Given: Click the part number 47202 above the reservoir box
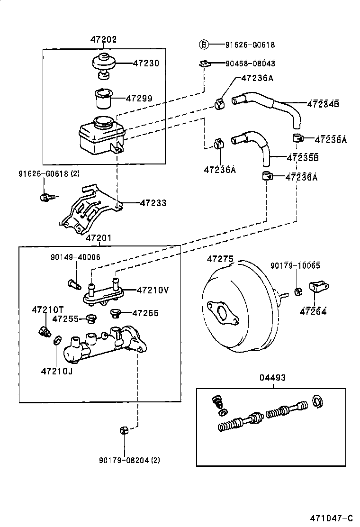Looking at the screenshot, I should [x=103, y=40].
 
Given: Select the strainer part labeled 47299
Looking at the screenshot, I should [x=103, y=98].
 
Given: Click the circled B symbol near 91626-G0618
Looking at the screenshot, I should [x=203, y=45].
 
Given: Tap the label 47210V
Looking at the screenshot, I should [x=153, y=290].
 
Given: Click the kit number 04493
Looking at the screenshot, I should [x=272, y=378].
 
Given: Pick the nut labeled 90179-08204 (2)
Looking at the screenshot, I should [x=124, y=430].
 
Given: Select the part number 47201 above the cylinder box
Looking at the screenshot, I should [x=99, y=238].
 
